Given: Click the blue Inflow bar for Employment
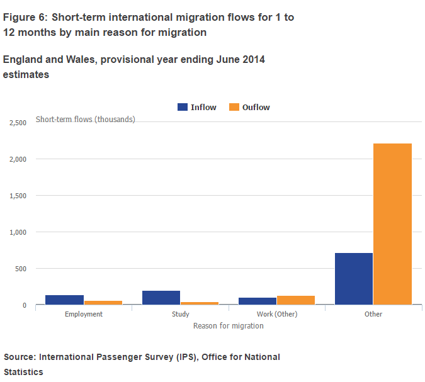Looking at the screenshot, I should click(65, 300).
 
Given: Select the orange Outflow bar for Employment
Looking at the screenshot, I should click(103, 303).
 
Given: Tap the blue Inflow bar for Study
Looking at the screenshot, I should click(161, 298).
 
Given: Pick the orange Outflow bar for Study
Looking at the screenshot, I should click(200, 303).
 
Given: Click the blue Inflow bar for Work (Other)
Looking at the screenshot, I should click(258, 301).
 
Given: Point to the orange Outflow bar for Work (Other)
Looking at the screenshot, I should click(296, 300).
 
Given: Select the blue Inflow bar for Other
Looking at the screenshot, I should click(354, 279).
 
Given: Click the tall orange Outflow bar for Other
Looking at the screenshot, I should click(392, 224).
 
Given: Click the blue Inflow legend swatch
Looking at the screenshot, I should click(183, 107).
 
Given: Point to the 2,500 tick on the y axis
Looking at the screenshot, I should click(17, 123).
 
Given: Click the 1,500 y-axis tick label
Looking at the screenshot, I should click(17, 196).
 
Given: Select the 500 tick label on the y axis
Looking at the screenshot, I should click(20, 269).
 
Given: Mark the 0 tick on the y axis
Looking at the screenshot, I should click(25, 305).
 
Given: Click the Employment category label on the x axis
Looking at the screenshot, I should click(84, 314).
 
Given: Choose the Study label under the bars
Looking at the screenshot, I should click(181, 314).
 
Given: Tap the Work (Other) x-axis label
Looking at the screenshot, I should click(277, 314).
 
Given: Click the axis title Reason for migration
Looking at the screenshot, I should click(228, 326).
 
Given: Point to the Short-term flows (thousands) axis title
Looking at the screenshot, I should click(86, 119).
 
